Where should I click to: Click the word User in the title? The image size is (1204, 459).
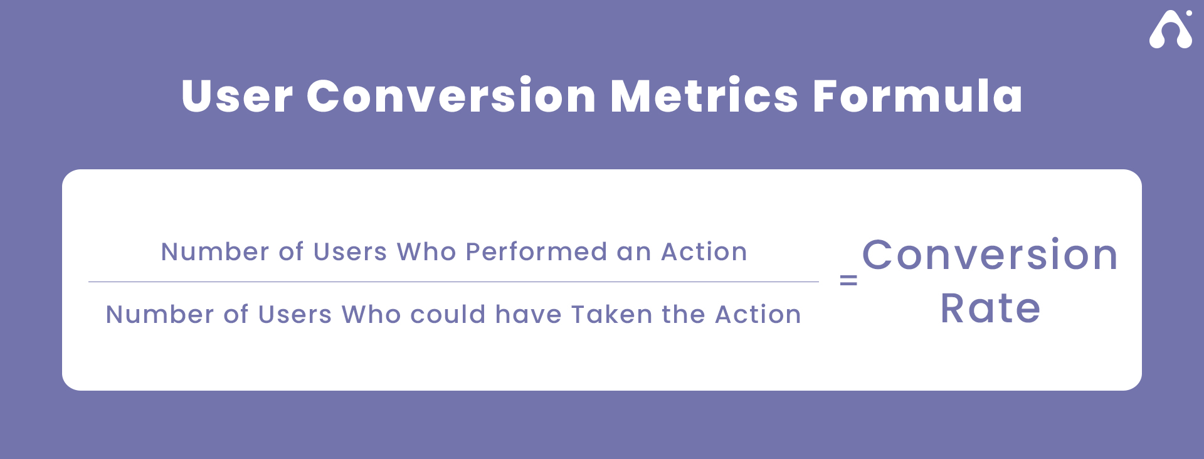tap(237, 96)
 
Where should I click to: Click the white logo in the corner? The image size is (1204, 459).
tap(1171, 29)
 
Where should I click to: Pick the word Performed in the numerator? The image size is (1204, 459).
tap(536, 251)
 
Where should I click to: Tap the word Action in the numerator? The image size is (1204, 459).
tap(704, 251)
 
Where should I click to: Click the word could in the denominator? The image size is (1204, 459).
tap(448, 314)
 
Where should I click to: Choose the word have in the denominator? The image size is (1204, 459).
tap(528, 314)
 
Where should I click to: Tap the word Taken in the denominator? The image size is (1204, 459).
tap(611, 314)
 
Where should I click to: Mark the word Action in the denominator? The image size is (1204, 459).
tap(758, 314)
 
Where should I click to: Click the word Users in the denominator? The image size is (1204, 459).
tap(295, 314)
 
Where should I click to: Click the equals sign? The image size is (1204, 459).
tap(848, 281)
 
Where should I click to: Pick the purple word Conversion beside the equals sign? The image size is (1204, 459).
tap(990, 255)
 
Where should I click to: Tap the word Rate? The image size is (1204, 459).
tap(990, 308)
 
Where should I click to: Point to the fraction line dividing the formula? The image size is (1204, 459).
tap(453, 282)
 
